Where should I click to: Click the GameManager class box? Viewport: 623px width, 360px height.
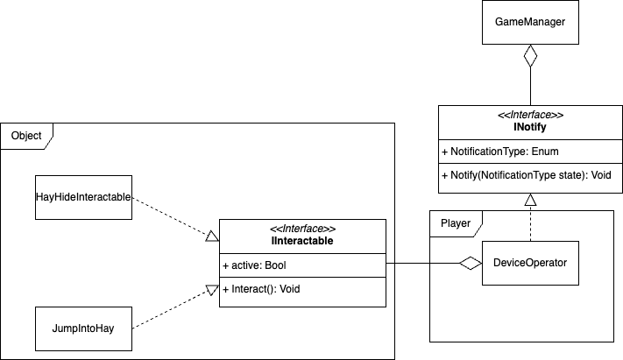click(x=529, y=23)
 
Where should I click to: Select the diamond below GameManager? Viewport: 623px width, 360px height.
click(x=529, y=60)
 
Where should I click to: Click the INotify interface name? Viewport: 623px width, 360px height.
click(x=530, y=128)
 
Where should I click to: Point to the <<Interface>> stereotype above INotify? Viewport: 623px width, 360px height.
click(x=530, y=115)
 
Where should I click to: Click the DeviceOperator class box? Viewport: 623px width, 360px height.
click(x=530, y=261)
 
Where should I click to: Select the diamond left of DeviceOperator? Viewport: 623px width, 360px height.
click(x=471, y=263)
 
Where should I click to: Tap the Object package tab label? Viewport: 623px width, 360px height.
click(x=26, y=135)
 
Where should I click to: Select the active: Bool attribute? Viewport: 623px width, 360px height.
click(x=254, y=265)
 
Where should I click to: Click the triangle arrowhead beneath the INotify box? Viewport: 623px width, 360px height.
click(x=529, y=200)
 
